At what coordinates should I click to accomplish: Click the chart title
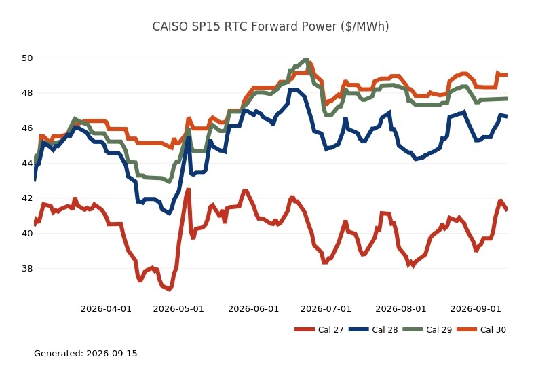coord(271,26)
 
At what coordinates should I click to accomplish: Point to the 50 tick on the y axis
coord(27,58)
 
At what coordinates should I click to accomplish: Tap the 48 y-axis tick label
coord(27,93)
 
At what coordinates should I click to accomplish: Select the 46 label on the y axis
coord(27,128)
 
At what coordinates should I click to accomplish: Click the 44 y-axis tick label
coord(27,163)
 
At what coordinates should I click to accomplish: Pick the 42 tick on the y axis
coord(27,198)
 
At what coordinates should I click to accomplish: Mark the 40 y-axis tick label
coord(27,234)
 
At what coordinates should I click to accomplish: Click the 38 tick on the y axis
coord(27,269)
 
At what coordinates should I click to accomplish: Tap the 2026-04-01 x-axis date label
coord(107,309)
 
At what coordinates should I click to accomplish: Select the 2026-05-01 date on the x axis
coord(178,309)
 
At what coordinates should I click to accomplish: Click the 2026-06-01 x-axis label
coord(254,309)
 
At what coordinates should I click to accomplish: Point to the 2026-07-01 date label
coord(326,309)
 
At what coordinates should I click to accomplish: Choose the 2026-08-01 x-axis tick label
coord(401,309)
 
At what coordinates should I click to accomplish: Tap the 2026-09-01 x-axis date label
coord(476,309)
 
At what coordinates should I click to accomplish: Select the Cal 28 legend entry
coord(373,330)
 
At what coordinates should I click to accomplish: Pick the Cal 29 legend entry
coord(427,330)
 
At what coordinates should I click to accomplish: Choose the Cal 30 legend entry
coord(481,330)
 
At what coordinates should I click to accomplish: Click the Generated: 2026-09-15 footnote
coord(85,353)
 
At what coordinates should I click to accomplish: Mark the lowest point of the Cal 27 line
coord(170,289)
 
